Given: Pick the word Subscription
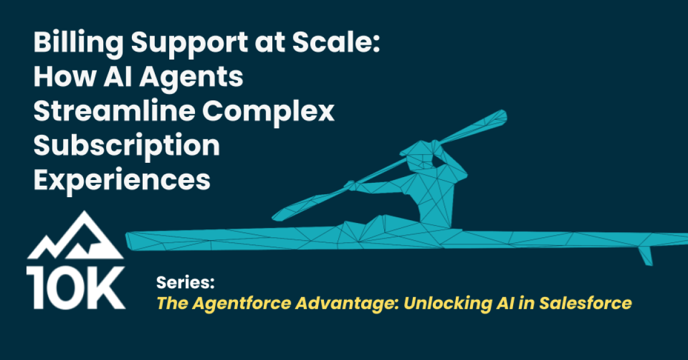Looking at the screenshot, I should (x=126, y=147).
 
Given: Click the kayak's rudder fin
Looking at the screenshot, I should (x=646, y=256).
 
